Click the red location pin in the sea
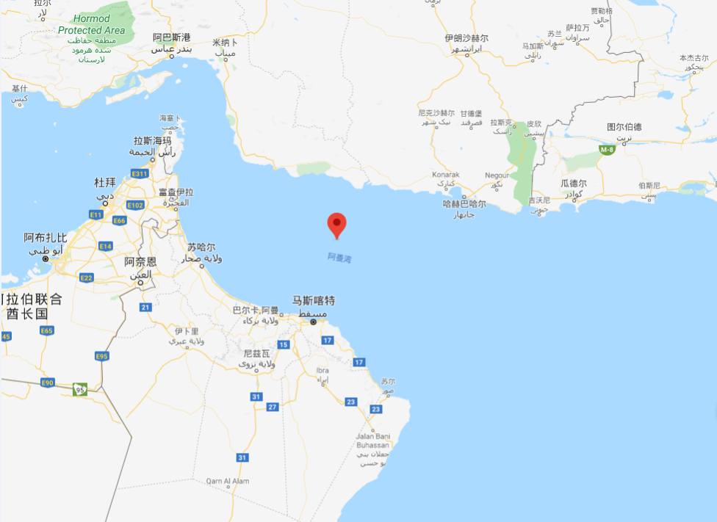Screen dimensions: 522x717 [336, 223]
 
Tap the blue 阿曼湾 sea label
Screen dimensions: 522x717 [339, 258]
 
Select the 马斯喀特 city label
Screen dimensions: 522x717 [314, 300]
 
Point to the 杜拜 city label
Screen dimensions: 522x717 [106, 182]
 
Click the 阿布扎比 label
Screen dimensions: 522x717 [46, 238]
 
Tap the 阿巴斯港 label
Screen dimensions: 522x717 [171, 37]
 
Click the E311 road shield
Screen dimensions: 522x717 [140, 173]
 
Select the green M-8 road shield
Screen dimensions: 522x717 [606, 150]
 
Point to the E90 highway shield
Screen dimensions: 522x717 [48, 383]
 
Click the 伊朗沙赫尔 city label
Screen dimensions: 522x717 [466, 37]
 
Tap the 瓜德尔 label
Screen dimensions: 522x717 [574, 184]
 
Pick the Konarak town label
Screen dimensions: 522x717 [446, 174]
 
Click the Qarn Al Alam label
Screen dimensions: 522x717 [228, 481]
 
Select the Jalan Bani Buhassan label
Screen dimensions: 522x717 [373, 441]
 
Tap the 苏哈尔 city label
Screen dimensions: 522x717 [201, 247]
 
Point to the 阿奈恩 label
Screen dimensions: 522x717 [140, 261]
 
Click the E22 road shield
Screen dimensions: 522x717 [87, 277]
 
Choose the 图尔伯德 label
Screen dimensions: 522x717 [625, 126]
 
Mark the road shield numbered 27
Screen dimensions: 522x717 [273, 406]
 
